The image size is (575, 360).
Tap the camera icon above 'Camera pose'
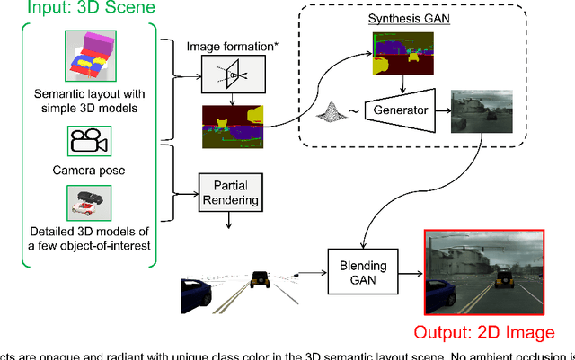coord(88,141)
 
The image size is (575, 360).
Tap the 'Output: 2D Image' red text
coord(484,334)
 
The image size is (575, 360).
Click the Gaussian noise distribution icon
coord(333,113)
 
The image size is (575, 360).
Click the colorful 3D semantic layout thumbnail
coord(88,57)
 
